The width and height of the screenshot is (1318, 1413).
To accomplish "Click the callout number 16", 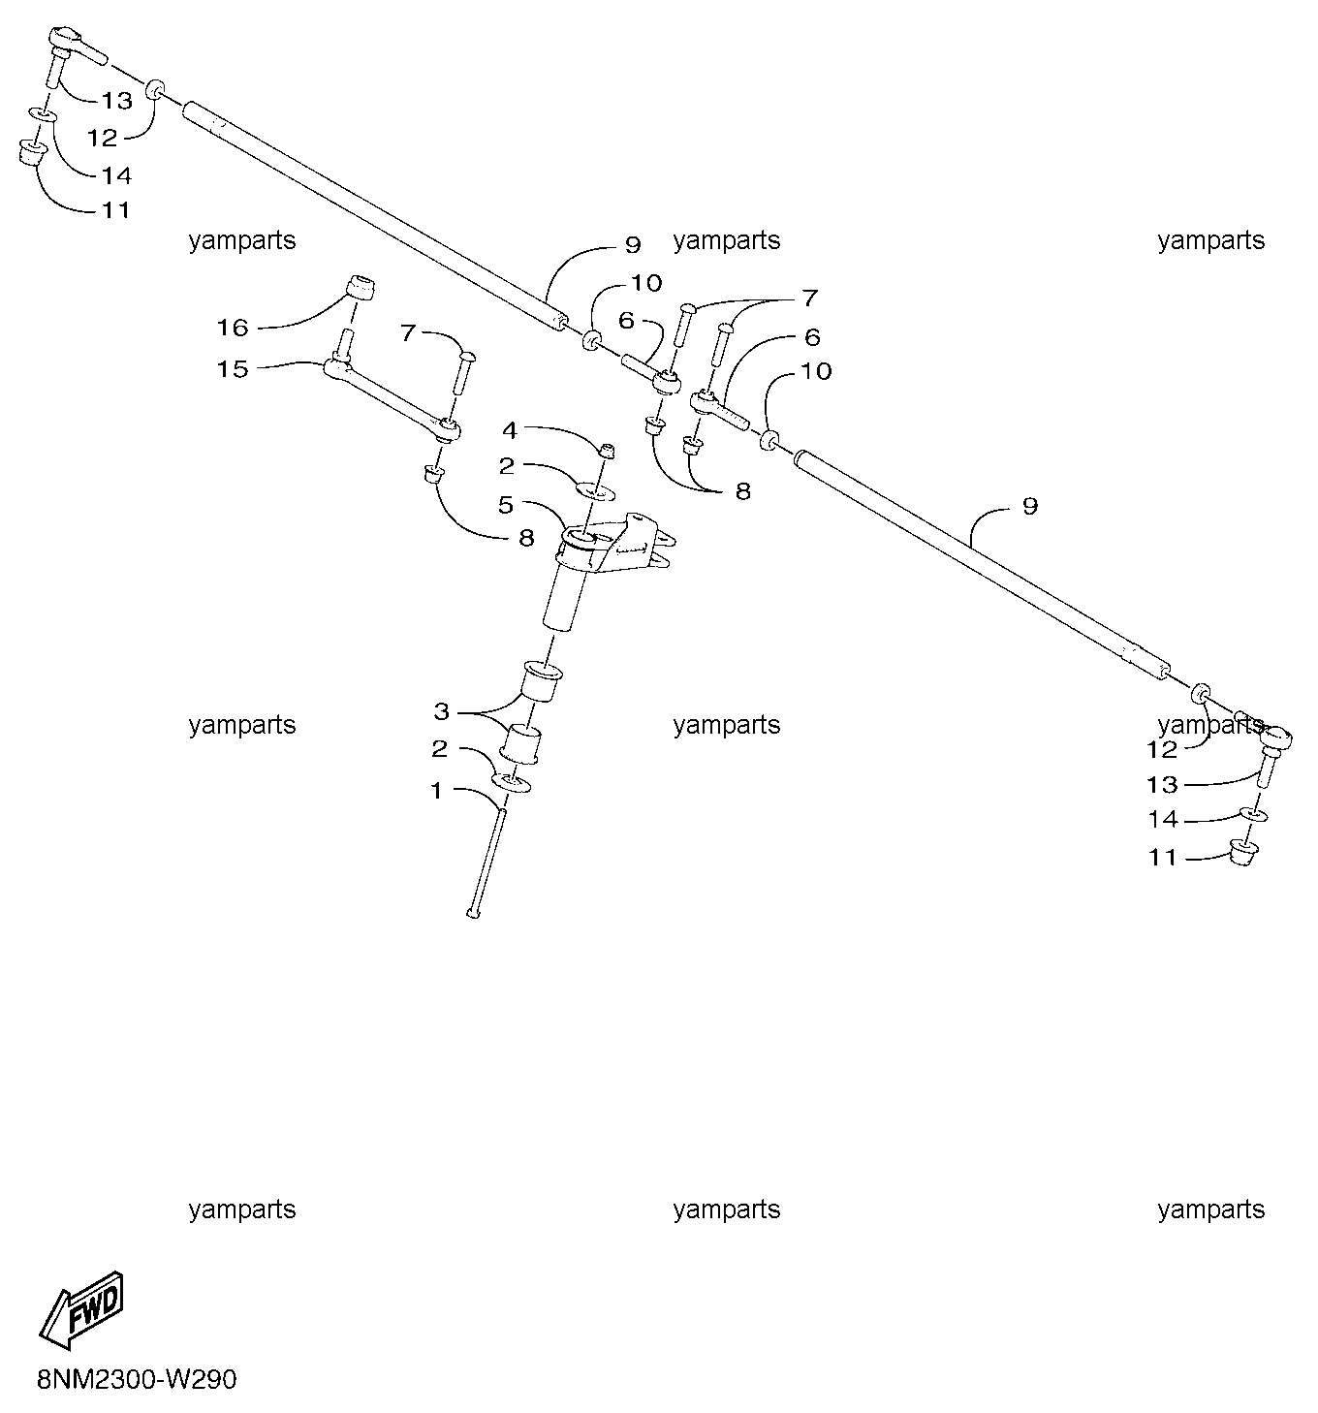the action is (x=232, y=328).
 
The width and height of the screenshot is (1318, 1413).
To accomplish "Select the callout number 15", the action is (x=232, y=368).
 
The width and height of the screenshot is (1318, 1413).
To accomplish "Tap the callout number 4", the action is (x=510, y=429).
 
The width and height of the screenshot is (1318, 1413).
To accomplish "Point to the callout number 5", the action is (x=505, y=505).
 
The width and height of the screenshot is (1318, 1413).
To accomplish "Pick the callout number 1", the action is (x=436, y=791).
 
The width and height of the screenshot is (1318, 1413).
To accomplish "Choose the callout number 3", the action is (x=441, y=710).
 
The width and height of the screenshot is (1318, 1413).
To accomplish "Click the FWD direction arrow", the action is (x=80, y=1310).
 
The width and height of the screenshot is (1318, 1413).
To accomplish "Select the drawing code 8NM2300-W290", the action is (x=137, y=1379).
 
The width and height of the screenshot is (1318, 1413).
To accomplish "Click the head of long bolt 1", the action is (x=473, y=913).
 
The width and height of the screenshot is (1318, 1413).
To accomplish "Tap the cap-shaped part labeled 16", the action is (x=361, y=288).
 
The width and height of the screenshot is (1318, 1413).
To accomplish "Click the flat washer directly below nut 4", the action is (x=595, y=490).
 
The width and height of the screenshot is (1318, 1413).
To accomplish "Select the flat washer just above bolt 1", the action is (x=512, y=783).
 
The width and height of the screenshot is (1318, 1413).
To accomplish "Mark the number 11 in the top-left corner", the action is (x=116, y=210).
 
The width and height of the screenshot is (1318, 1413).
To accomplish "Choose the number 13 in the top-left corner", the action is (x=116, y=101).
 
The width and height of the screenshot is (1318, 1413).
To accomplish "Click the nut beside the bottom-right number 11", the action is (x=1243, y=852).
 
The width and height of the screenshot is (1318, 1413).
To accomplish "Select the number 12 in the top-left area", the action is (x=102, y=138).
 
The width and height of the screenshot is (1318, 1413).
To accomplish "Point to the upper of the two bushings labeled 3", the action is (x=543, y=681).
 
